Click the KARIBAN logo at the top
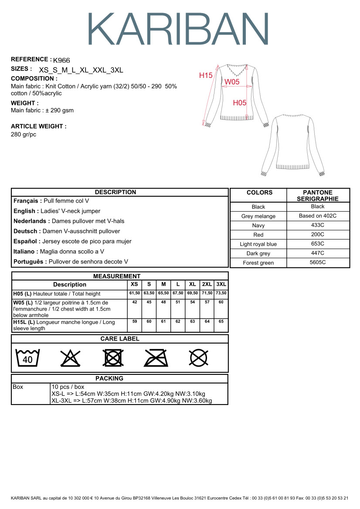179,29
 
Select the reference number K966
61,61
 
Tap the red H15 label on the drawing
206,75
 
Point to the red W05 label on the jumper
232,81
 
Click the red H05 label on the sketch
240,103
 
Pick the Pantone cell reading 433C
318,225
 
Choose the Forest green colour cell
258,263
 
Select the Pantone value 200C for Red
318,235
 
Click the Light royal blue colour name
258,244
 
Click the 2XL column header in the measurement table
207,284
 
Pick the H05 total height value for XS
135,293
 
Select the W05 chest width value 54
193,302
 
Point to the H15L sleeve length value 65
221,322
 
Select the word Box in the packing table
18,387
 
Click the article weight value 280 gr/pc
24,134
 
